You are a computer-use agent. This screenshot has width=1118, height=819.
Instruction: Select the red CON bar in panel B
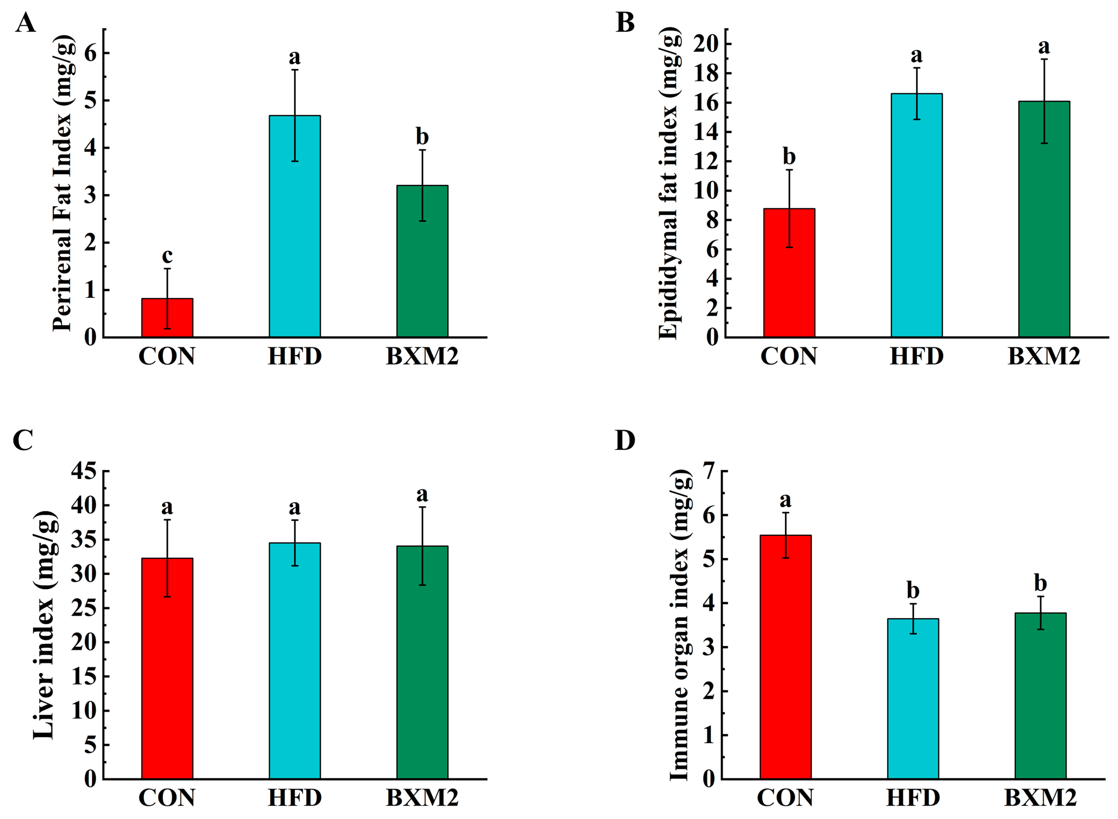789,273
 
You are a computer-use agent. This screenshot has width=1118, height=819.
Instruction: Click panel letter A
25,23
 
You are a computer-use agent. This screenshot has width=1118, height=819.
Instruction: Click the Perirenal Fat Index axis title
63,183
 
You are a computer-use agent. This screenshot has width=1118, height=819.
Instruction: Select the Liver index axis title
45,625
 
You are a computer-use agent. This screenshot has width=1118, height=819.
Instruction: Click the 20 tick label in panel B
706,44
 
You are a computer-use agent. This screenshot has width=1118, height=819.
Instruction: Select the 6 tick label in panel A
90,53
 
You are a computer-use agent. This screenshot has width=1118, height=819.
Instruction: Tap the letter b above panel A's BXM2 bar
422,136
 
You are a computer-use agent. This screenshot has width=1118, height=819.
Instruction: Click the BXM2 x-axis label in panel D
1041,798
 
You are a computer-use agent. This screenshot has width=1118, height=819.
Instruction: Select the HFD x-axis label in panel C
295,798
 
